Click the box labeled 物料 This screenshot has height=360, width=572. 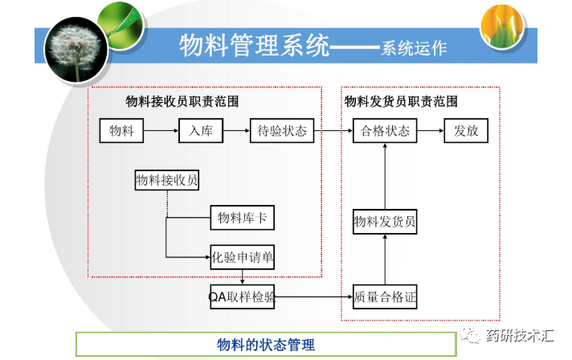pyautogui.click(x=121, y=131)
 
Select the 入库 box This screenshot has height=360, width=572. pyautogui.click(x=200, y=131)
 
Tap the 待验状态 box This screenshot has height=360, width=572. pyautogui.click(x=280, y=131)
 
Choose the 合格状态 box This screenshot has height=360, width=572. pyautogui.click(x=385, y=131)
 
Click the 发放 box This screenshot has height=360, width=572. pyautogui.click(x=466, y=131)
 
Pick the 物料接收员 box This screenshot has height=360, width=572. pyautogui.click(x=166, y=181)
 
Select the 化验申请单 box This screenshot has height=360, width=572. pyautogui.click(x=243, y=258)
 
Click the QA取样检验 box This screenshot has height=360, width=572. pyautogui.click(x=242, y=297)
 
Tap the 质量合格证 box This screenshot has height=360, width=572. pyautogui.click(x=385, y=297)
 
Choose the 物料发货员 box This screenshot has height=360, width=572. pyautogui.click(x=385, y=221)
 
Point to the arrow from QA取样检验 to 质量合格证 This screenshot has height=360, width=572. pyautogui.click(x=313, y=297)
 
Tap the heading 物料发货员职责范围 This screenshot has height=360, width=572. pyautogui.click(x=401, y=102)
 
